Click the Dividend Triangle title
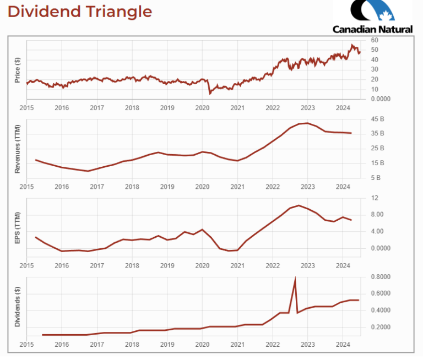tap(80, 12)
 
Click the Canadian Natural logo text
tap(372, 29)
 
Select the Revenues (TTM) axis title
tap(18, 148)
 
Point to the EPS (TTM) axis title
tap(18, 227)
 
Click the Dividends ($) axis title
tap(18, 306)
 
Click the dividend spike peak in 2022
tap(295, 279)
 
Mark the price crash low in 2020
tap(210, 94)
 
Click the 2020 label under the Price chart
tap(202, 108)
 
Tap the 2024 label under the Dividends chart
tap(343, 344)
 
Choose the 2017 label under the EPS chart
tap(97, 265)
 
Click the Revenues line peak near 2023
tap(307, 123)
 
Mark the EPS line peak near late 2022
tap(299, 205)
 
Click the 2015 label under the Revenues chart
tap(26, 187)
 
